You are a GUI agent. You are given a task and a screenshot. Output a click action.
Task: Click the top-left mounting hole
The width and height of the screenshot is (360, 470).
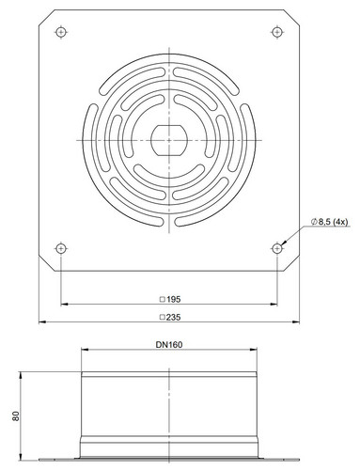[61, 32]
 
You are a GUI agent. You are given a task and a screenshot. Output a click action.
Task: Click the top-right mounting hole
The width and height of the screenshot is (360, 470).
[276, 32]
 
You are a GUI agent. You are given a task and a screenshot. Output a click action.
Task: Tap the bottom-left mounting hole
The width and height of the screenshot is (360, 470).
[61, 249]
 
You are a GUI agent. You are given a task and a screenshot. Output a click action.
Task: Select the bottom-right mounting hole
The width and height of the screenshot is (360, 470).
[276, 249]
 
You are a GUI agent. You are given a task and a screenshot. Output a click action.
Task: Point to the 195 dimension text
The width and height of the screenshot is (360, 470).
[173, 299]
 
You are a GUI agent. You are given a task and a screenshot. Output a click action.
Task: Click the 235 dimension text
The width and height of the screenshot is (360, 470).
[173, 317]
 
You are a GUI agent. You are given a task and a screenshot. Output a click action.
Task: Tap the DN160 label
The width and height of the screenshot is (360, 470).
[169, 345]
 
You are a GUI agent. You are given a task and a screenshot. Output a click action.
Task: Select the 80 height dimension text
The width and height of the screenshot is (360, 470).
[16, 416]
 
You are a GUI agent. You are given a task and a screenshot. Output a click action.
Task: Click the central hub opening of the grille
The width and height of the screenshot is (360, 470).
[169, 140]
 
